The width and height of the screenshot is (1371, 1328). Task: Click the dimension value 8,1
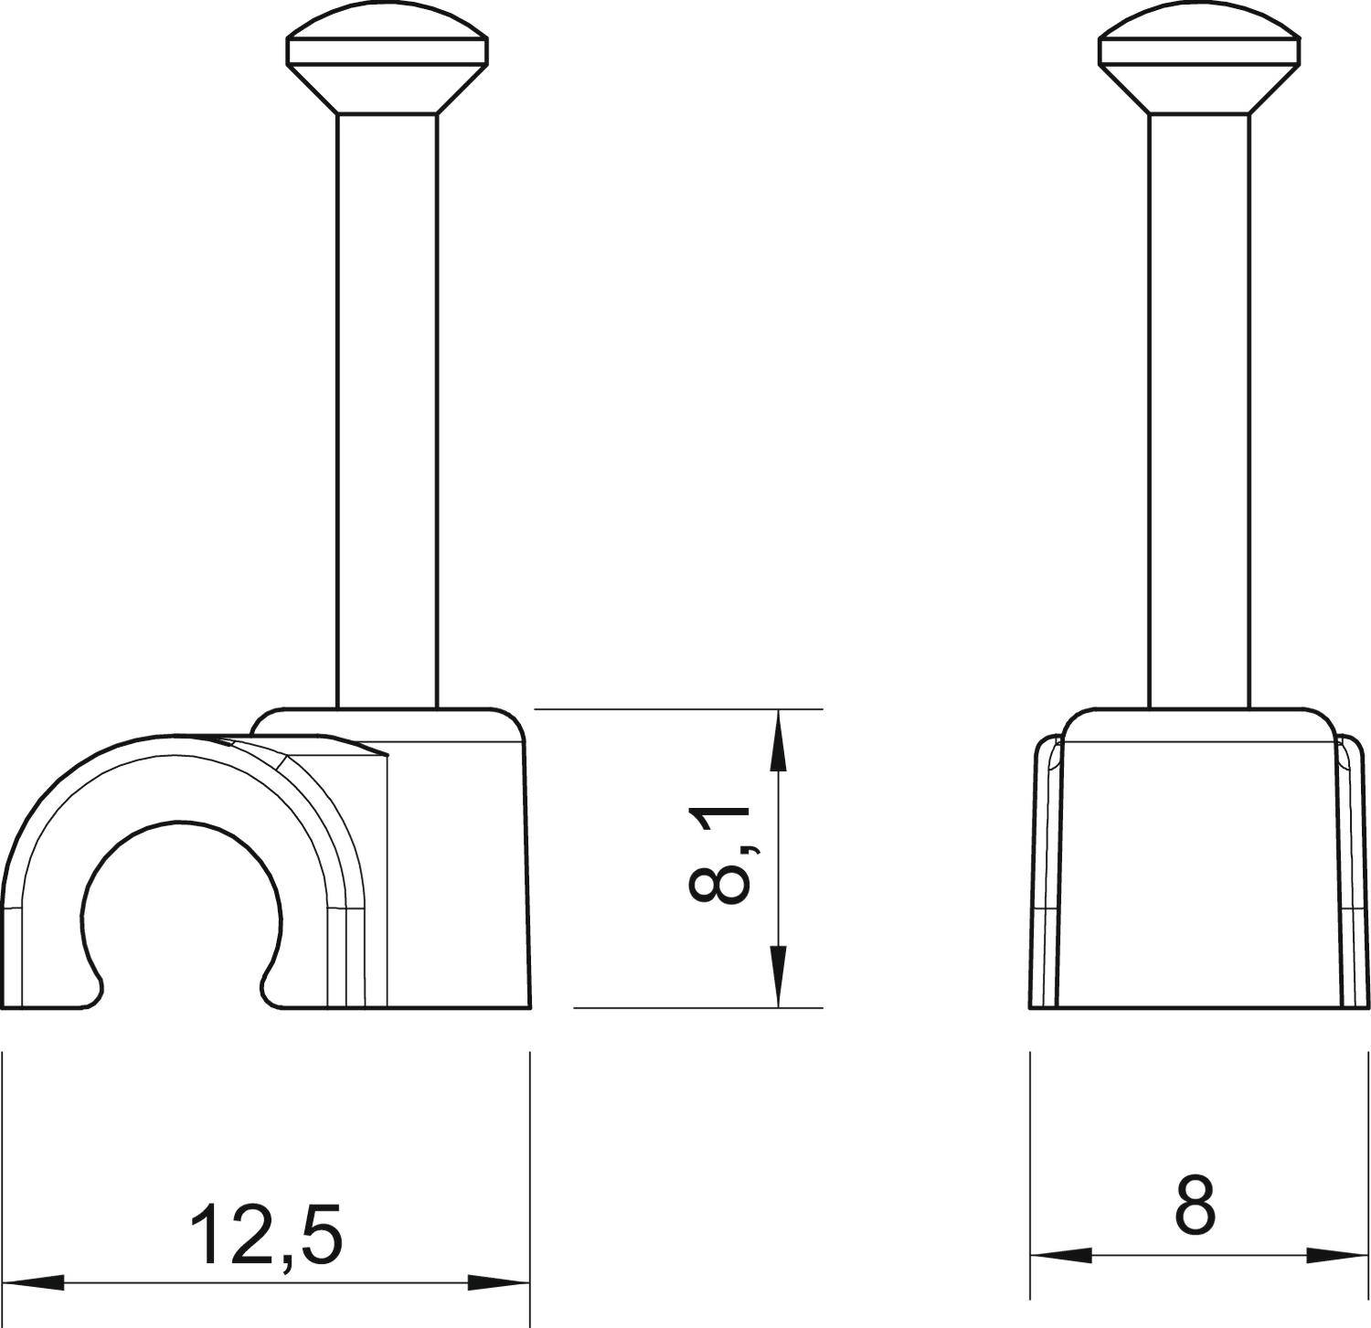720,855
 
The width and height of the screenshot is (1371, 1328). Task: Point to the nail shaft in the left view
388,411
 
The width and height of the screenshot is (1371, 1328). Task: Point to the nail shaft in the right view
1199,411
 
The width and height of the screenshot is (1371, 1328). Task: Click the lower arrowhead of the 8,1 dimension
778,976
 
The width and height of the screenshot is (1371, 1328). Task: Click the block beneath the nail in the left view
457,868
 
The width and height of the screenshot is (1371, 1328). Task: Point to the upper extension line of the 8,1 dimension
676,708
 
